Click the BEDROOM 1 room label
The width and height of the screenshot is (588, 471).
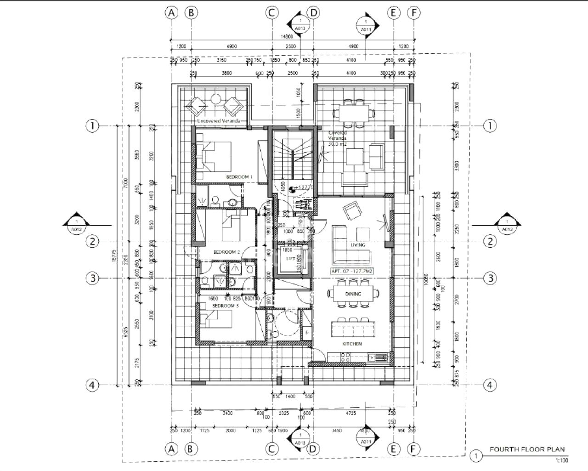click(x=239, y=177)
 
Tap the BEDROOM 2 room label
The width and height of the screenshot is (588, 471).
click(x=227, y=252)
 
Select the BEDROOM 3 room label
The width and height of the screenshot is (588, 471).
click(x=225, y=306)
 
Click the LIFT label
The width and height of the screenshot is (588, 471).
click(x=291, y=259)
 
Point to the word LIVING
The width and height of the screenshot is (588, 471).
click(x=358, y=245)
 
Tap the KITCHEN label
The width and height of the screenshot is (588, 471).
click(x=352, y=344)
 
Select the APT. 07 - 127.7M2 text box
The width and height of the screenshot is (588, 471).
click(x=352, y=272)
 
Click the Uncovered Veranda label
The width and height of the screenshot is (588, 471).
click(x=218, y=121)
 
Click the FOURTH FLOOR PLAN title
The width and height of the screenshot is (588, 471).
click(x=527, y=449)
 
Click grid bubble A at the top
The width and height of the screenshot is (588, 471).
click(x=171, y=13)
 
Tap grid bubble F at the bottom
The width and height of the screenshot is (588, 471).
click(x=414, y=448)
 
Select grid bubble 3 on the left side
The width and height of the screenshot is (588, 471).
click(x=93, y=278)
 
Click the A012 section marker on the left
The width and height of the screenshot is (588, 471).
click(x=76, y=225)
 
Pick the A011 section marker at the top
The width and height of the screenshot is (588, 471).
click(x=366, y=26)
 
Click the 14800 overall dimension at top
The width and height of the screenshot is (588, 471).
click(x=287, y=36)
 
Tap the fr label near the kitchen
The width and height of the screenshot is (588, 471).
click(x=307, y=332)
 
